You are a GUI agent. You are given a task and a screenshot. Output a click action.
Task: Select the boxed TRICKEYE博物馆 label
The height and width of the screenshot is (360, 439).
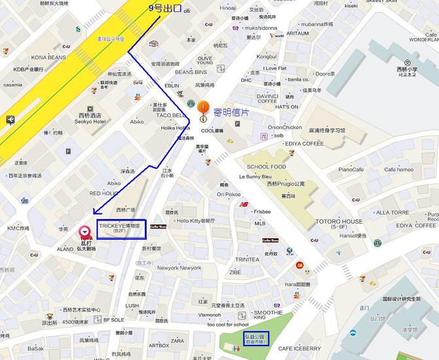[119, 227]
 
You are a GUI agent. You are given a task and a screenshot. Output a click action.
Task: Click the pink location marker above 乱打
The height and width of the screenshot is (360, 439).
[84, 232]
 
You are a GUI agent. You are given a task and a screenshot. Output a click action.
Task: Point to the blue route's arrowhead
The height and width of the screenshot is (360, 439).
[96, 212]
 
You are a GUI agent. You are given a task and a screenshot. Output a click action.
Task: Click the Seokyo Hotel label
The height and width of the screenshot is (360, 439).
[90, 121]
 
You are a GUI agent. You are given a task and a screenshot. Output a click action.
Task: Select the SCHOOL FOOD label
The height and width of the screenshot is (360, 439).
[266, 167]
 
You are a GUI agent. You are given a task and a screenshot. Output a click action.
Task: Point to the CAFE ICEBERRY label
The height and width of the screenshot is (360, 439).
[299, 348]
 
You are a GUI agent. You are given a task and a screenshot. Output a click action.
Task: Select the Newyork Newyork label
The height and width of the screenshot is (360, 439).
[179, 268]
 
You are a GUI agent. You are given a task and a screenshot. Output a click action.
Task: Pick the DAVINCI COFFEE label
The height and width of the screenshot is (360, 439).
[268, 98]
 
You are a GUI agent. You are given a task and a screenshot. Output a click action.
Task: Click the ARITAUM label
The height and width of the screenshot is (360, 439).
[297, 33]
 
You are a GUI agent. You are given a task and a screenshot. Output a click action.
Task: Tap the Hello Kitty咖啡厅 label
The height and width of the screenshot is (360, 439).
[196, 221]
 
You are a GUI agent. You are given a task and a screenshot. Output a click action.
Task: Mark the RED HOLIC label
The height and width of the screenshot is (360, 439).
[104, 193]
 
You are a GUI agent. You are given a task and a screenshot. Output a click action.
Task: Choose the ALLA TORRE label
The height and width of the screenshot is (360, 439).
[393, 212]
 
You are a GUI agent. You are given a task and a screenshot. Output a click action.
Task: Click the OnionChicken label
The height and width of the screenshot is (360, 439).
[285, 127]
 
